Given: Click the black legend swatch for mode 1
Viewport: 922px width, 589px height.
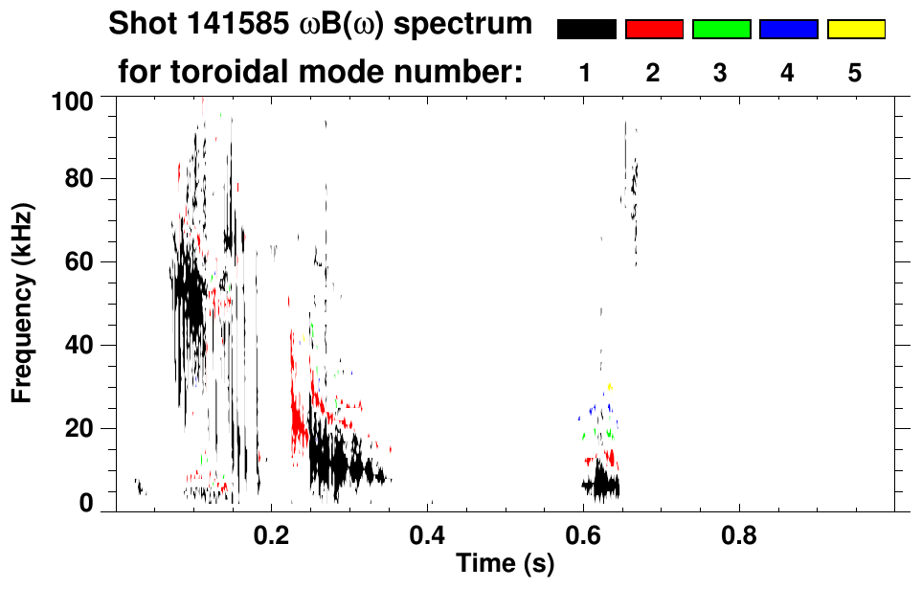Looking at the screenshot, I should pos(586,30).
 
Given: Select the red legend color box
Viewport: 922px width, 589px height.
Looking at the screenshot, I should pos(654,30).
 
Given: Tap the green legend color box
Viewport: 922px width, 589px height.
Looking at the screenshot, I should pos(721,30).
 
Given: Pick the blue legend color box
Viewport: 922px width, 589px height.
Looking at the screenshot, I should pos(788,30).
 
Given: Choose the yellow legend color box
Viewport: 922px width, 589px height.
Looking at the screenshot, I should pos(855,30).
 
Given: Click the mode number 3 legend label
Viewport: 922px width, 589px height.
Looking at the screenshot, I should pos(721,73).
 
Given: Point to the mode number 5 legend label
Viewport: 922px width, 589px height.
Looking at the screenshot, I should pos(855,73).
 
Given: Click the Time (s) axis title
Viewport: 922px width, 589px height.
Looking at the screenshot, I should pos(505,565).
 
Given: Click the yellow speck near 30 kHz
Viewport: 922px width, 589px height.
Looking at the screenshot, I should pos(609,387).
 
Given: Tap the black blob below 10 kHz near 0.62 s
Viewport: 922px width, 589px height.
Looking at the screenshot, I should pos(601,485).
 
